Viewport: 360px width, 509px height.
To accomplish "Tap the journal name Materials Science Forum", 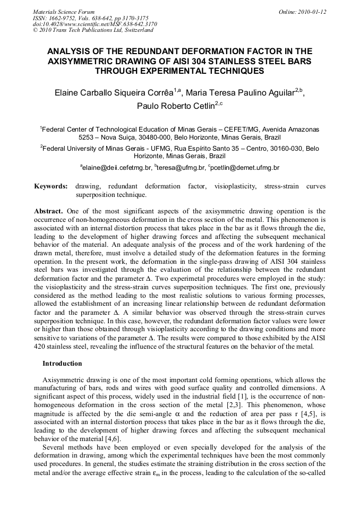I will [64, 11].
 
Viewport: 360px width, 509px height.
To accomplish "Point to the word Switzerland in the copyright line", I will [136, 30].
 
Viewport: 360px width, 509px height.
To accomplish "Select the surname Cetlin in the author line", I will [201, 105].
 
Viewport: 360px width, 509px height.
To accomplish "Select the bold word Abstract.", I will [48, 211].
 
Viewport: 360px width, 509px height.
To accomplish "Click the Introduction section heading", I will [62, 364].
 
